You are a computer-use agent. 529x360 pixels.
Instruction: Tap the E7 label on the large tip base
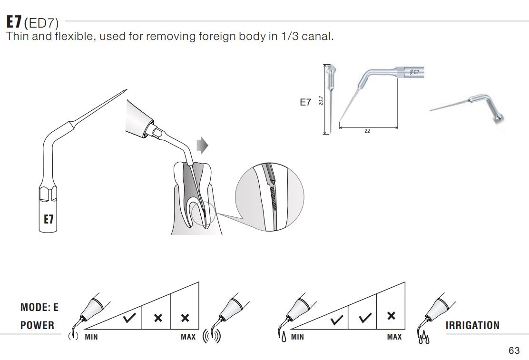click(48, 219)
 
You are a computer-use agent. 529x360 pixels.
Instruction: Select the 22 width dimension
click(367, 131)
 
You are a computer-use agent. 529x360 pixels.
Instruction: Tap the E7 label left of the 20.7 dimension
click(305, 102)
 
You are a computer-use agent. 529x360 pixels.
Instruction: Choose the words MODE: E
click(39, 307)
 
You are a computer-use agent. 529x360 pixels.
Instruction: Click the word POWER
click(38, 325)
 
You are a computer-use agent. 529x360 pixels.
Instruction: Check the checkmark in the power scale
click(128, 318)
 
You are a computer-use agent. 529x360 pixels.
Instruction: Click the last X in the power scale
click(185, 318)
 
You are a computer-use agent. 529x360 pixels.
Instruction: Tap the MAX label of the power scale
click(189, 337)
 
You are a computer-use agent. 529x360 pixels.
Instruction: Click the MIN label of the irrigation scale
click(297, 337)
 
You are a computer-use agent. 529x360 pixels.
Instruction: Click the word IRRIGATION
click(472, 325)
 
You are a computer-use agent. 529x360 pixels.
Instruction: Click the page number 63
click(514, 350)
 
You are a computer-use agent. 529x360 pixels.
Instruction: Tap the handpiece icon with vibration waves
click(224, 321)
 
